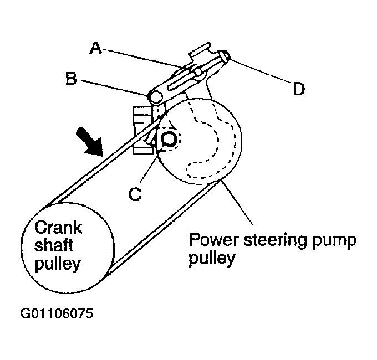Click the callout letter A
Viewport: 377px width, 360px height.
coord(96,48)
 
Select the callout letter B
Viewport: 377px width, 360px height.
coord(71,79)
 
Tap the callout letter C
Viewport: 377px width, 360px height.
coord(135,194)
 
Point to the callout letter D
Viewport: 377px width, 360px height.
coord(299,89)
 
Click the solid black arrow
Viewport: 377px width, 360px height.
coord(90,142)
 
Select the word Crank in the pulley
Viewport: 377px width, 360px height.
coord(58,227)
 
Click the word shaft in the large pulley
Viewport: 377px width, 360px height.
coord(54,245)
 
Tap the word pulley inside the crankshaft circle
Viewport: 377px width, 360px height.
coord(58,264)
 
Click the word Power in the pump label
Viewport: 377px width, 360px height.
coord(215,239)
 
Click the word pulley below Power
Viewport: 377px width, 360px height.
coord(212,259)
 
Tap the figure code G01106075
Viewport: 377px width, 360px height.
coord(57,313)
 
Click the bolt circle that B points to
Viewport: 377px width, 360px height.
coord(156,96)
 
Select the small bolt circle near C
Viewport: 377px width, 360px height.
coord(169,140)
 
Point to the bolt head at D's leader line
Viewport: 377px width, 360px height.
coord(226,56)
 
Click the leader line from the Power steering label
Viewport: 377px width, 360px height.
coord(237,203)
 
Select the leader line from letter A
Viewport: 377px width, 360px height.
coord(144,58)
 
